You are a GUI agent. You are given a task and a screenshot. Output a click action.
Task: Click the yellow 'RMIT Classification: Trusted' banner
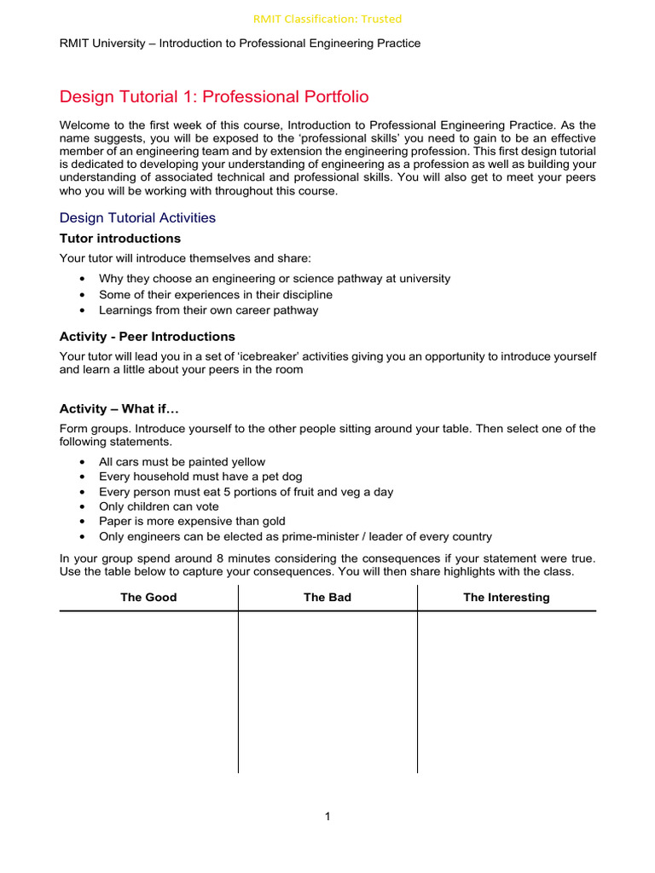click(x=327, y=19)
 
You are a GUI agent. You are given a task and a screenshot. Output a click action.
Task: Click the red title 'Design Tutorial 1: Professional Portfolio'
click(x=214, y=97)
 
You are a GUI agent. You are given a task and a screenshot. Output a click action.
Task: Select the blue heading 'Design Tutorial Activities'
click(x=137, y=217)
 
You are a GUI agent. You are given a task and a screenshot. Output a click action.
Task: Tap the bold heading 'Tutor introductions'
click(x=119, y=239)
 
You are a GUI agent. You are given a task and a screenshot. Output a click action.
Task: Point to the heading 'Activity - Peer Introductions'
click(x=147, y=337)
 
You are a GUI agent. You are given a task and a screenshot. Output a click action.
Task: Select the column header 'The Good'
click(x=148, y=598)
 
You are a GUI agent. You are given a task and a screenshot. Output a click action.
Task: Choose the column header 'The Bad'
click(x=327, y=598)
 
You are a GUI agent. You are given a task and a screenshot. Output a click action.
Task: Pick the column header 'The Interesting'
click(x=506, y=598)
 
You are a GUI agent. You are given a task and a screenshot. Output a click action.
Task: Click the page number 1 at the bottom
click(x=327, y=817)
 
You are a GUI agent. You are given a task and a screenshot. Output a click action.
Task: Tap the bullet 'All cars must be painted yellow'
click(x=182, y=462)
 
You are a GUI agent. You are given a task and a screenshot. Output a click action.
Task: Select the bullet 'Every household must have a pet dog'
click(x=200, y=477)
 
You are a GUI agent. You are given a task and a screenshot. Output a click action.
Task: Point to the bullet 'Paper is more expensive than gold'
click(x=192, y=521)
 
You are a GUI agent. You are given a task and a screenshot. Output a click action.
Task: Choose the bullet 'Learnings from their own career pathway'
click(x=208, y=310)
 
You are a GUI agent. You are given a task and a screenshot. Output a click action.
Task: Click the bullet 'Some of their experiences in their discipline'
click(x=215, y=295)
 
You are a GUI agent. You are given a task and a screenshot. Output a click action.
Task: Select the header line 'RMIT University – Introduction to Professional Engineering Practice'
click(x=240, y=43)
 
